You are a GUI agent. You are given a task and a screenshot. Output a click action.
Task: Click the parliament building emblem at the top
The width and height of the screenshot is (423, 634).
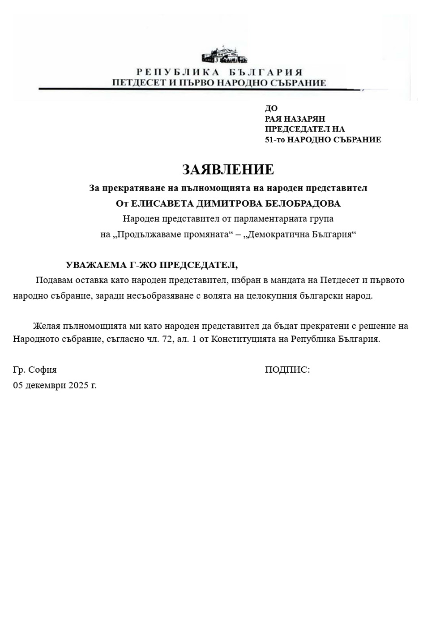tap(225, 55)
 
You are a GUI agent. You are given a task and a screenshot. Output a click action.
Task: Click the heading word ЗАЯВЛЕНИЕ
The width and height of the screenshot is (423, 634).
tap(228, 170)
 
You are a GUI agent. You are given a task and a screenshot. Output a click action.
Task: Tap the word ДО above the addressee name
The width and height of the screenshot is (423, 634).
tap(271, 108)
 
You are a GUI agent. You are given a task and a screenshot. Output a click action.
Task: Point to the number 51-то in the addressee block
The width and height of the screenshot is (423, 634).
tap(275, 140)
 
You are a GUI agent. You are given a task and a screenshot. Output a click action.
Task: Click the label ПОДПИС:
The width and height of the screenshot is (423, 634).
tap(287, 370)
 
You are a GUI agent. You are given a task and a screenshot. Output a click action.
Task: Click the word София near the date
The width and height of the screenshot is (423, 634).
tap(43, 370)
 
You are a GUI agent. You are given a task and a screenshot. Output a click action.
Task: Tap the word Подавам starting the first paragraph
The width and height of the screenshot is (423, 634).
tap(53, 281)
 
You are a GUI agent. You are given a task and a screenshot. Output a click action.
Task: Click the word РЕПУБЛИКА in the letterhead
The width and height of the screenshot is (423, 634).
tap(178, 72)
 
